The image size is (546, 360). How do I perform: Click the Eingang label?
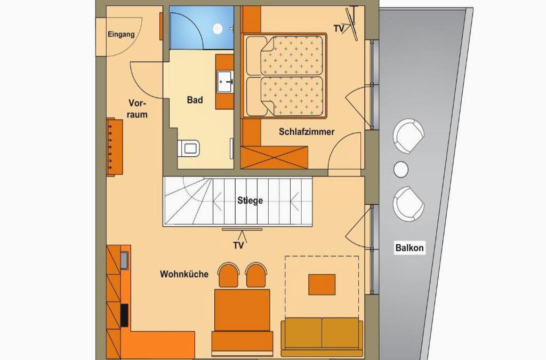pos(121,35)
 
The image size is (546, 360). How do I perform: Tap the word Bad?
pos(195,100)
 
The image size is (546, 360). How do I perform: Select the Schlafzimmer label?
pos(307,132)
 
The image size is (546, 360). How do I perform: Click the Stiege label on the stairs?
pos(250,201)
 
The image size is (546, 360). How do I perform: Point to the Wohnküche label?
pos(184,274)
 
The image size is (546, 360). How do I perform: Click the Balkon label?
pos(409,248)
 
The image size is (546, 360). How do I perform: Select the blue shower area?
pos(201,28)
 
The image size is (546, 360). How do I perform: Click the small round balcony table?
pos(401,170)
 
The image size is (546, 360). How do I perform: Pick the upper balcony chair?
pos(408,136)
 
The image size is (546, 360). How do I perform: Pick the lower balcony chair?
pos(408,204)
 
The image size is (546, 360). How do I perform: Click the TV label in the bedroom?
pos(339,29)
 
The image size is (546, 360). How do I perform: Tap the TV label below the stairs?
pos(238,246)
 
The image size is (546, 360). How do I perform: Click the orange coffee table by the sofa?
pos(322,284)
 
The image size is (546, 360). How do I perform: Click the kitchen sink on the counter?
pos(124,260)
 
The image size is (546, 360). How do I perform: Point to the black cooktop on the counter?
pos(124,315)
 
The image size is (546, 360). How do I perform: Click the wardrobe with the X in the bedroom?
pos(274,158)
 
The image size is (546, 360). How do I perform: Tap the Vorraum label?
pos(137,109)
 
